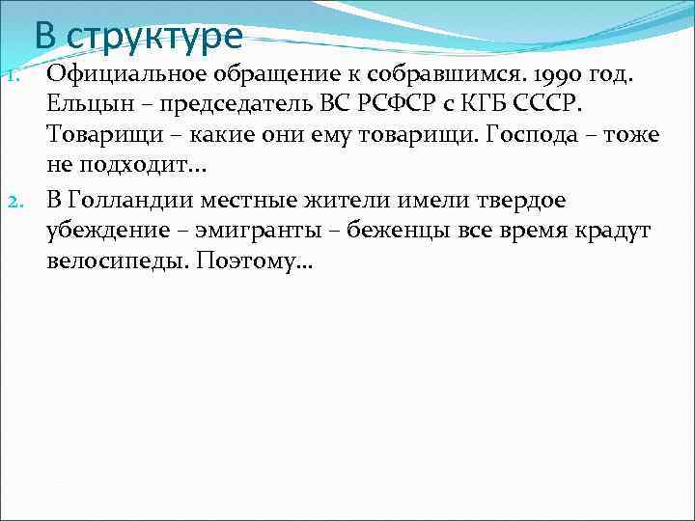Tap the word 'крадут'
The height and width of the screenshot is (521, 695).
coord(609,232)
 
